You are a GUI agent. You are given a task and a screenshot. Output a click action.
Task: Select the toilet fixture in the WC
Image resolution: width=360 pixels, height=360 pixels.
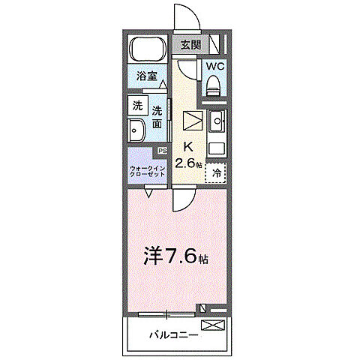(x=214, y=82)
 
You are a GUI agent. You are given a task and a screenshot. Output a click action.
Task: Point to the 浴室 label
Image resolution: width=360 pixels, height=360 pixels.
(x=146, y=76)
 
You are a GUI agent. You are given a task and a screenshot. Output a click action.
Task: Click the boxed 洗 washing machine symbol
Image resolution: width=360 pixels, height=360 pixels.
(x=137, y=106)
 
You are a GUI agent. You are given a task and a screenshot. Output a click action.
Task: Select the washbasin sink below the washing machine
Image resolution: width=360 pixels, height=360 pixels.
(x=139, y=133)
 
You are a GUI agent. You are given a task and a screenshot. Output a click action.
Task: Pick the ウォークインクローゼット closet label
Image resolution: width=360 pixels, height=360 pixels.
(x=145, y=171)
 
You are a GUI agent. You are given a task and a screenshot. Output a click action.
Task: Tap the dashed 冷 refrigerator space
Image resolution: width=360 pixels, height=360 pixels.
(x=216, y=173)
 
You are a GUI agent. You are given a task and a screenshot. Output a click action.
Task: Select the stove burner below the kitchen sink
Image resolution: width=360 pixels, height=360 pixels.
(x=216, y=147)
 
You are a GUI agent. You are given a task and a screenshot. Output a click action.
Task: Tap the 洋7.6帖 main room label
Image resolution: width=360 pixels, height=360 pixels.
(x=175, y=256)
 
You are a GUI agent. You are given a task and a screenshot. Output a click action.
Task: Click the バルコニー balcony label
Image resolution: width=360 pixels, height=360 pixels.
(x=172, y=334)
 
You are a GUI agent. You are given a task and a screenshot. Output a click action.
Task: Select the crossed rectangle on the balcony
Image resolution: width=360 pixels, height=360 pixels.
(x=213, y=325)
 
